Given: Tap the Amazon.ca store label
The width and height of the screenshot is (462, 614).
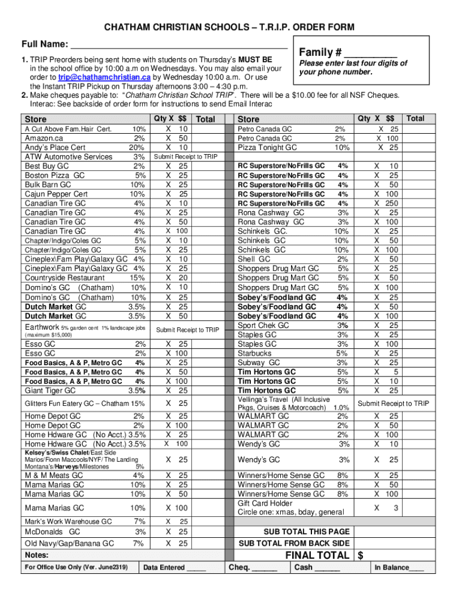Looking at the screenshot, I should pyautogui.click(x=43, y=138).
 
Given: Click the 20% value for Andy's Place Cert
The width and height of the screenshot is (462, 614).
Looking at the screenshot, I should pyautogui.click(x=136, y=148).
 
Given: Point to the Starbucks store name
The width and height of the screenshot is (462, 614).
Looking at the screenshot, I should pyautogui.click(x=254, y=353).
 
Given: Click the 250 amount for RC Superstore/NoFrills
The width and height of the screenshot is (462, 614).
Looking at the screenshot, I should pyautogui.click(x=392, y=203).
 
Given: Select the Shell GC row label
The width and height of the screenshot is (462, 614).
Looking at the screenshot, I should pyautogui.click(x=254, y=259).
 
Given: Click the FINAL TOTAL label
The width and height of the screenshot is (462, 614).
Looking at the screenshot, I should pyautogui.click(x=316, y=555).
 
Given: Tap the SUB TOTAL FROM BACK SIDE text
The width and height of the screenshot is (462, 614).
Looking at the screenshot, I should pyautogui.click(x=294, y=543).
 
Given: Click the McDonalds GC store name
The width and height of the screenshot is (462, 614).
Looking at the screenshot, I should pyautogui.click(x=52, y=532).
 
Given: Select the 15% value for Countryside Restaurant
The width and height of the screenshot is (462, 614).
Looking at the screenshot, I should pyautogui.click(x=137, y=278).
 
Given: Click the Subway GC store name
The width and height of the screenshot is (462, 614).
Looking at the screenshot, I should pyautogui.click(x=259, y=363).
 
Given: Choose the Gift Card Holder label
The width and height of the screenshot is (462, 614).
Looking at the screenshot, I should pyautogui.click(x=265, y=503).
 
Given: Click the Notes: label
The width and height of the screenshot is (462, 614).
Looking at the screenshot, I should pyautogui.click(x=37, y=555).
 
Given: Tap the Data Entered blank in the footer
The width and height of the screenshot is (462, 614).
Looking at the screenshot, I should pyautogui.click(x=196, y=567).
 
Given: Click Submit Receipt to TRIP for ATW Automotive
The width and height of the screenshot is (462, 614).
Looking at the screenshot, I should pyautogui.click(x=185, y=156).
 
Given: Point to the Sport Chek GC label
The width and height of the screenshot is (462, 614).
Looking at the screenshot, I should pyautogui.click(x=263, y=325).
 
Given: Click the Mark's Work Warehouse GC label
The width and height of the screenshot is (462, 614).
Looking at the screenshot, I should pyautogui.click(x=68, y=522).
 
